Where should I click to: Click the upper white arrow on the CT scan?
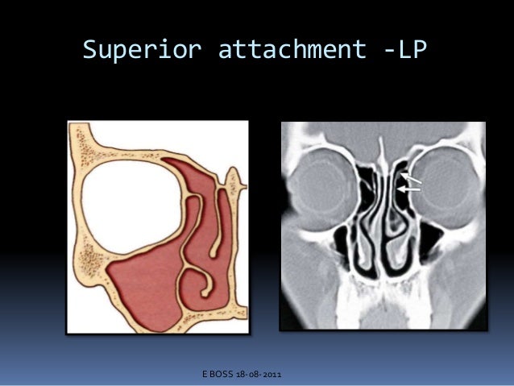coord(410,176)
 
